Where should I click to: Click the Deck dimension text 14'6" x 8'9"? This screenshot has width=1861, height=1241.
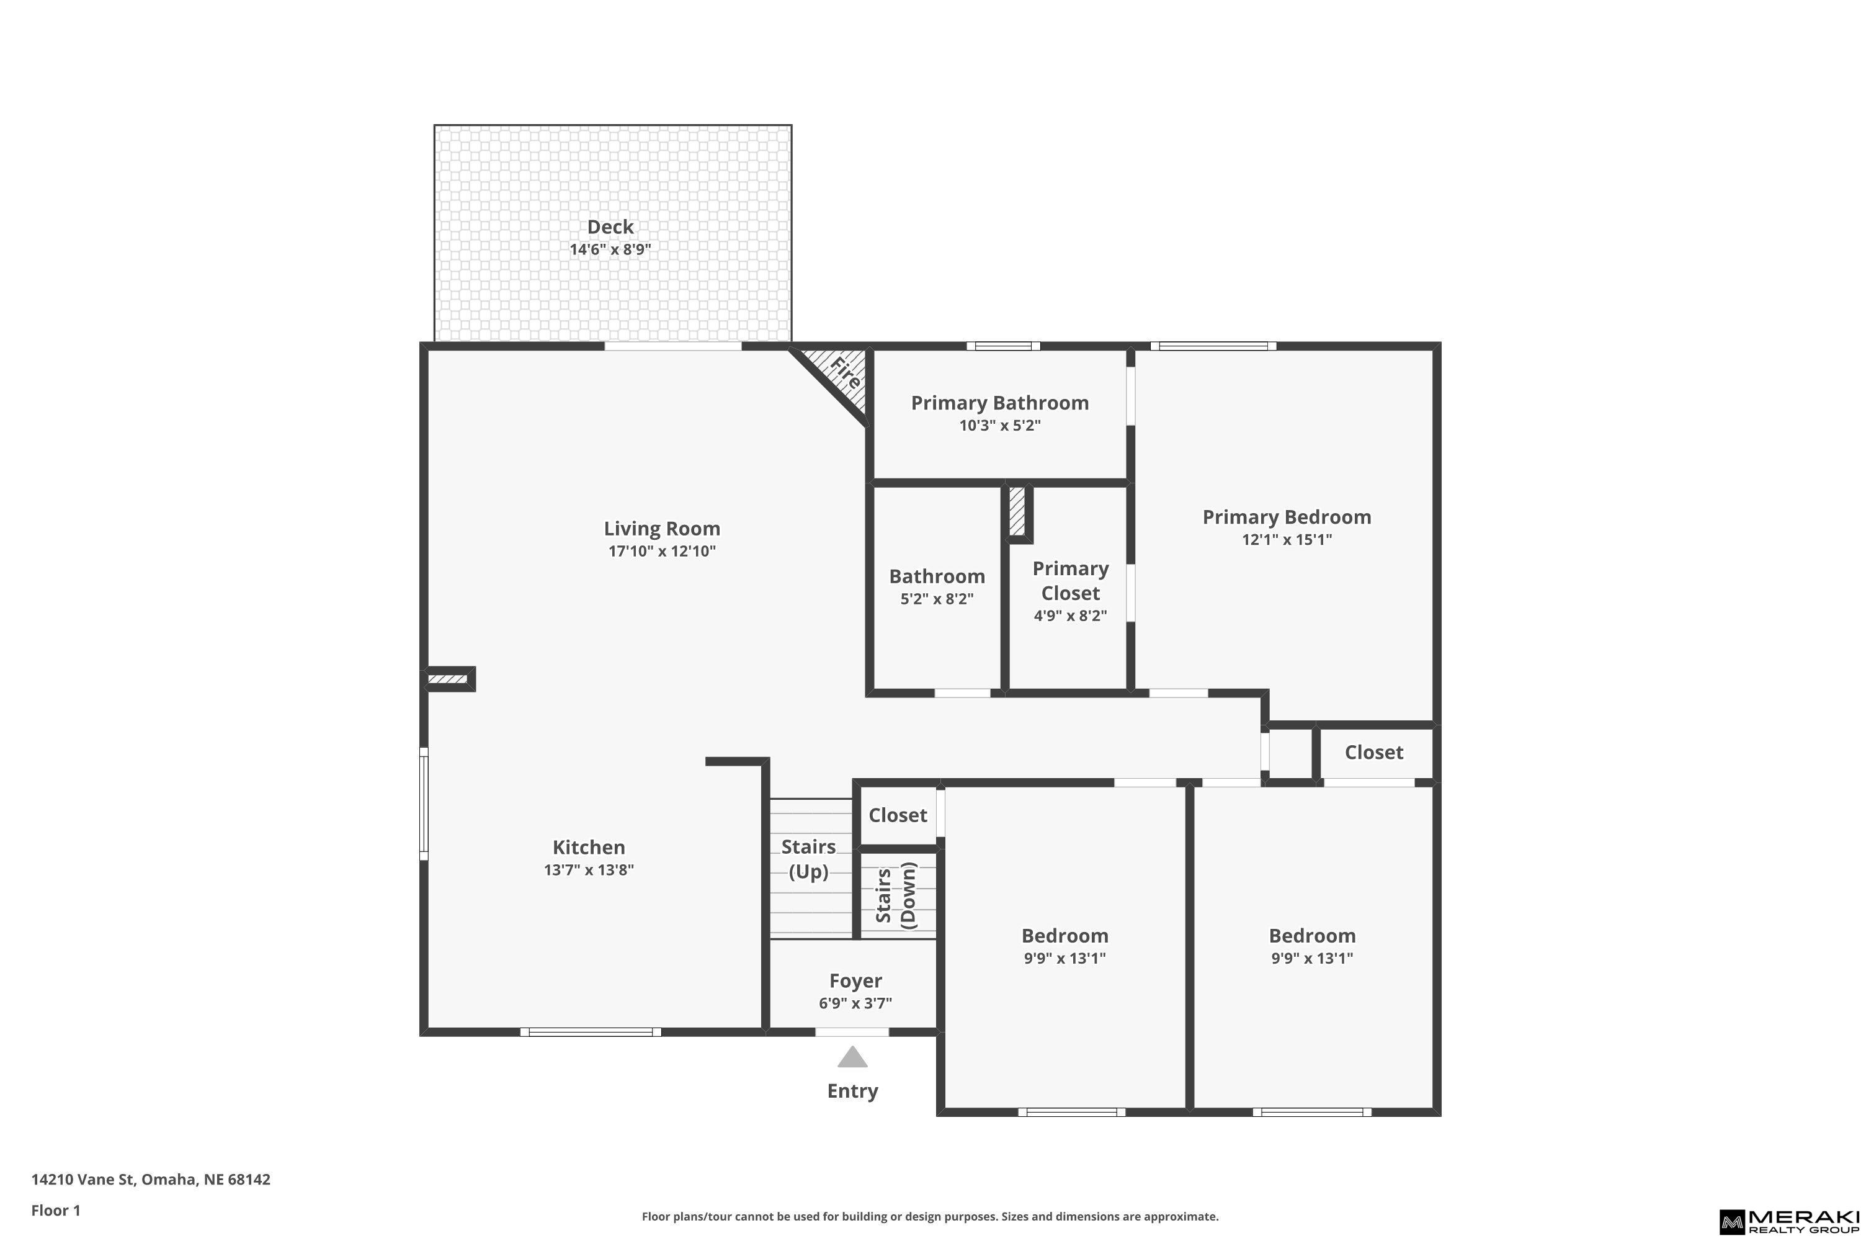(x=610, y=249)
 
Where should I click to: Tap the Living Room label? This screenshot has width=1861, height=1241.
(x=663, y=529)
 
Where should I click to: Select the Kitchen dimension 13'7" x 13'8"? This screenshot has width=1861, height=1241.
(x=589, y=870)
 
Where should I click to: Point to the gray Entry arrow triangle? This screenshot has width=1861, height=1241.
(x=852, y=1057)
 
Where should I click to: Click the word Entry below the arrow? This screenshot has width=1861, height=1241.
(x=852, y=1091)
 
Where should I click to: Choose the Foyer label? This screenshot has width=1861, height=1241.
(x=855, y=982)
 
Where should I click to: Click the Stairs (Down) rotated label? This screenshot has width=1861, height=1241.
(x=896, y=895)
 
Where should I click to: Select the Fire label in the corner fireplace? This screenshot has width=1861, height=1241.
(x=845, y=373)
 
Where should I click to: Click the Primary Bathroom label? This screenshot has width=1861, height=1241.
(x=1000, y=403)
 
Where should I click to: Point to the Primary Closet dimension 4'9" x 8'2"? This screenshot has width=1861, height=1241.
(x=1071, y=616)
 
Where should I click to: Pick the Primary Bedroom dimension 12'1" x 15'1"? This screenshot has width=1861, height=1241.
(x=1287, y=540)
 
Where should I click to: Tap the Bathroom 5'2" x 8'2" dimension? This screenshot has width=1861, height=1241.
(x=937, y=599)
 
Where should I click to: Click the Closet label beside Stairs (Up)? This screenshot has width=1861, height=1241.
(x=897, y=815)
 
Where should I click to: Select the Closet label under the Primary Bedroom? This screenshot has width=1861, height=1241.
(x=1373, y=753)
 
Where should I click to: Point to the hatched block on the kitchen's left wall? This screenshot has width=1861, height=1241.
(x=447, y=679)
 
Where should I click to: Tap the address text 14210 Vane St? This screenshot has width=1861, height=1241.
(x=83, y=1180)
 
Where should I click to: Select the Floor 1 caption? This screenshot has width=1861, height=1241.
(x=55, y=1210)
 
